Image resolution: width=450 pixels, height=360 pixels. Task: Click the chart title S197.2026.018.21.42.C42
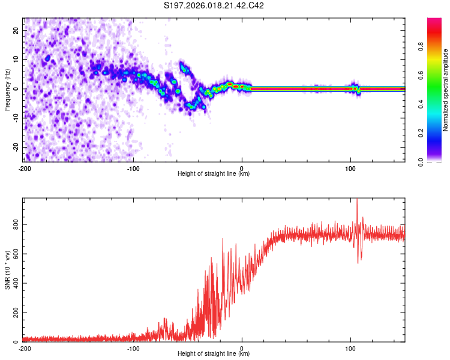click(x=214, y=6)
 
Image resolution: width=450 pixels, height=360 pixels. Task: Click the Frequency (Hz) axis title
click(x=7, y=89)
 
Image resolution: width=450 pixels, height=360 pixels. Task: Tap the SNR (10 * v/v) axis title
click(x=7, y=270)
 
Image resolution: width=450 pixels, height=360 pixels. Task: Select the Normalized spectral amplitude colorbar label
click(x=445, y=90)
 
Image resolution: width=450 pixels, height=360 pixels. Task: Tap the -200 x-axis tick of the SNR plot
click(x=24, y=348)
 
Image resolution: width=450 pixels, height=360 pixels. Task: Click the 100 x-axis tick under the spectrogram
click(x=350, y=168)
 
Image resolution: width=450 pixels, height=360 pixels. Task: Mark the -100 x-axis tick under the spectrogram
click(x=133, y=168)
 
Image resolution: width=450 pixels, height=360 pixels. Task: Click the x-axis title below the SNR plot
click(x=214, y=355)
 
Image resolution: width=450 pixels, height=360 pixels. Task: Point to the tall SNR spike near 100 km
click(x=357, y=204)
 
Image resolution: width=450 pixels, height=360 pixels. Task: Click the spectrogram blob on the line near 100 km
click(x=355, y=89)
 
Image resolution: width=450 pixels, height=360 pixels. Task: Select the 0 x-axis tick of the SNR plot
click(x=242, y=348)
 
